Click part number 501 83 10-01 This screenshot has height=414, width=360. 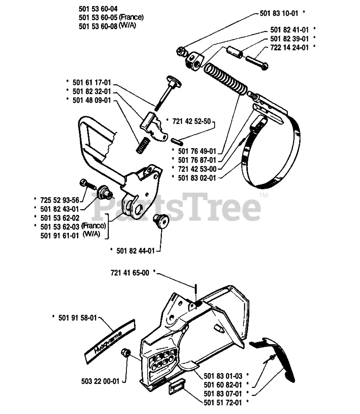(x=280, y=13)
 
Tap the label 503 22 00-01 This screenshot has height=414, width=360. (x=100, y=381)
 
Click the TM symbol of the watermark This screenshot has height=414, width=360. (x=264, y=195)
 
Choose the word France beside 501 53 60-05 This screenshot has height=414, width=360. (x=131, y=17)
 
